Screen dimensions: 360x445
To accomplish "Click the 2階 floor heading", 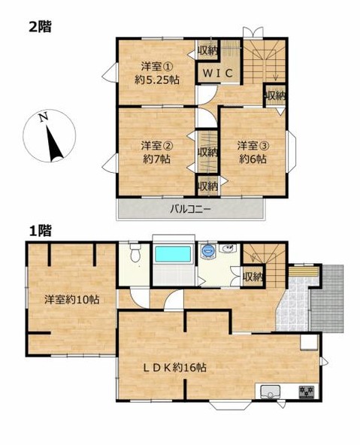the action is click(40, 27).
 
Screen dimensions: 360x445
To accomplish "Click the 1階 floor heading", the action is click(40, 231).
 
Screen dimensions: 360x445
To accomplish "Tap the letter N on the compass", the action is click(43, 117).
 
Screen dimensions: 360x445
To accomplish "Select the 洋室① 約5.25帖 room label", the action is click(157, 74).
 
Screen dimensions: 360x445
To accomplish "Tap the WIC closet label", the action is click(218, 73).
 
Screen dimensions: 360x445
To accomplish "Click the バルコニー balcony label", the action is click(190, 210).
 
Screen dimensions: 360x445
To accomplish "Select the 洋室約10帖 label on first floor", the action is click(71, 300).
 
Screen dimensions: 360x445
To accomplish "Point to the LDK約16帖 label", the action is click(174, 368).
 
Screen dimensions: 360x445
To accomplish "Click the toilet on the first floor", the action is click(135, 253).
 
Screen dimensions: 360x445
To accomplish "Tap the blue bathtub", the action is click(172, 254).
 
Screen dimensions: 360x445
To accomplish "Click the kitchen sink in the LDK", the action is click(270, 392).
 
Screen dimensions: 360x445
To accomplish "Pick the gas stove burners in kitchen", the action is click(307, 392).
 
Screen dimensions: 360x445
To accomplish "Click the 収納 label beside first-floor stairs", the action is click(253, 277).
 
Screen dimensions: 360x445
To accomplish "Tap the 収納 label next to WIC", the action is click(207, 50).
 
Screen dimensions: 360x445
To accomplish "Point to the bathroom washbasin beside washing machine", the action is click(228, 249).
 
